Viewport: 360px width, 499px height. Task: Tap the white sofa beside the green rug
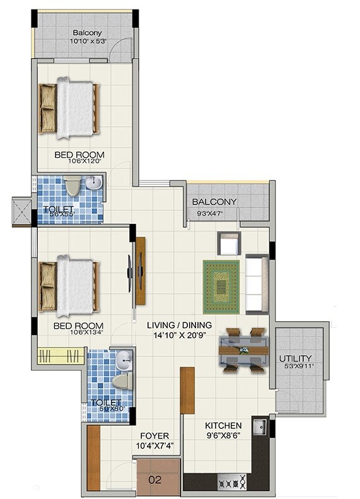tap(257, 283)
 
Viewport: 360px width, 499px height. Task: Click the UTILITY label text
tap(295, 359)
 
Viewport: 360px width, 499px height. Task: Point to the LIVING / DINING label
tap(179, 325)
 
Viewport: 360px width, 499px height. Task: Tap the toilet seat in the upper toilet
tap(72, 186)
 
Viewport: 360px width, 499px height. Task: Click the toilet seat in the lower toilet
tap(120, 380)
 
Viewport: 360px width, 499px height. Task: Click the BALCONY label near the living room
tap(214, 202)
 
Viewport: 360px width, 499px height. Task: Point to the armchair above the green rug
tap(228, 244)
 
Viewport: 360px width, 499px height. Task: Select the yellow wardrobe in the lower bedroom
tap(61, 355)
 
